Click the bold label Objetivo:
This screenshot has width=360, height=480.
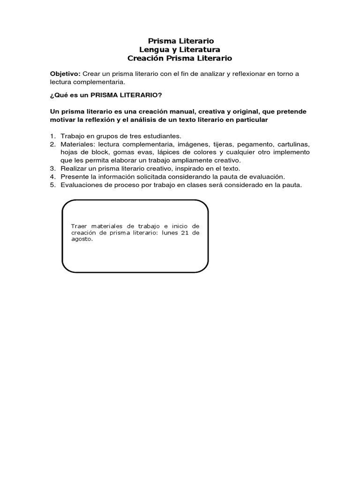[66, 74]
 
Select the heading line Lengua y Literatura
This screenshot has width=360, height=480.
[180, 50]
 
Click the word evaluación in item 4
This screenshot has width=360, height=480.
[266, 176]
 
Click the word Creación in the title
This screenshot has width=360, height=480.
[146, 58]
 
